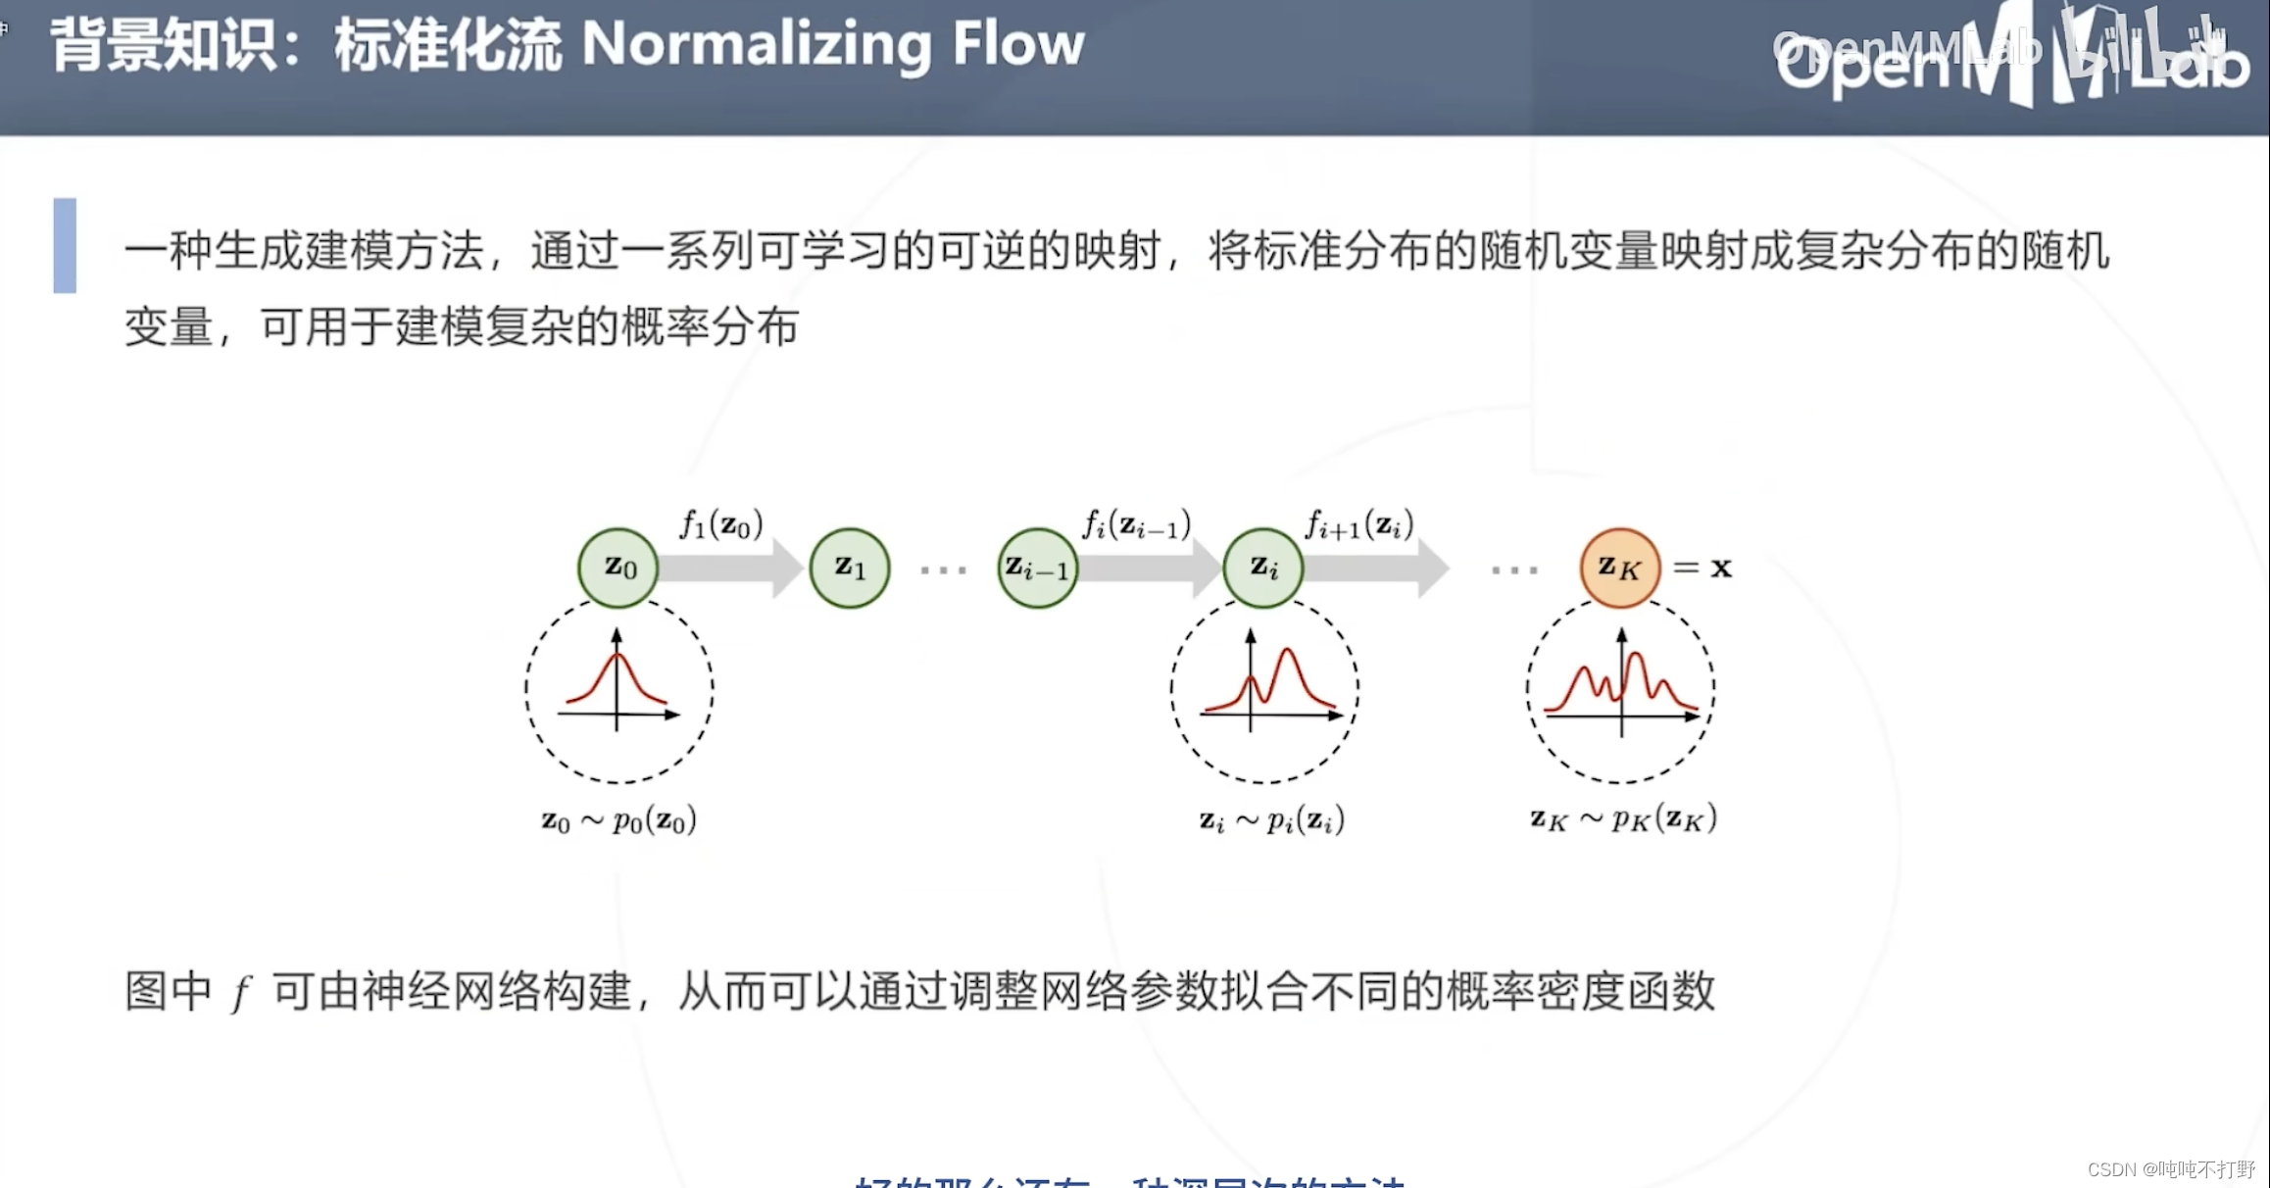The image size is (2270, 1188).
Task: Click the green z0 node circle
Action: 617,568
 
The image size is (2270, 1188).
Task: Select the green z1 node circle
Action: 850,568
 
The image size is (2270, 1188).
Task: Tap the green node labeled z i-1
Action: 1037,568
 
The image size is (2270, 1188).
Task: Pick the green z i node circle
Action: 1263,568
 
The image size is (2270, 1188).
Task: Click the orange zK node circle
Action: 1620,568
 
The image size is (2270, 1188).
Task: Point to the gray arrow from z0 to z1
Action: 730,568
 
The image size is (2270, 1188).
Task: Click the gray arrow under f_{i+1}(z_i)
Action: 1375,568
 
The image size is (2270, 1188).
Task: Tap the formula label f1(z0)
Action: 721,524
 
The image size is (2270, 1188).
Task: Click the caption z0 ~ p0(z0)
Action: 619,819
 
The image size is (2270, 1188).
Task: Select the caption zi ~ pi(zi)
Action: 1271,819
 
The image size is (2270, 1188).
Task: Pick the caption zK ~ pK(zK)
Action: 1623,818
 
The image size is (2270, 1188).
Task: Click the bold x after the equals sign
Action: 1721,568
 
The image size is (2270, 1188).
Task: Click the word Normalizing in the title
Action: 756,45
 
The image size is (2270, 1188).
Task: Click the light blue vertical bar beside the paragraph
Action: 65,246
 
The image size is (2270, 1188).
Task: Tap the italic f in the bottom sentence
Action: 241,992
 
